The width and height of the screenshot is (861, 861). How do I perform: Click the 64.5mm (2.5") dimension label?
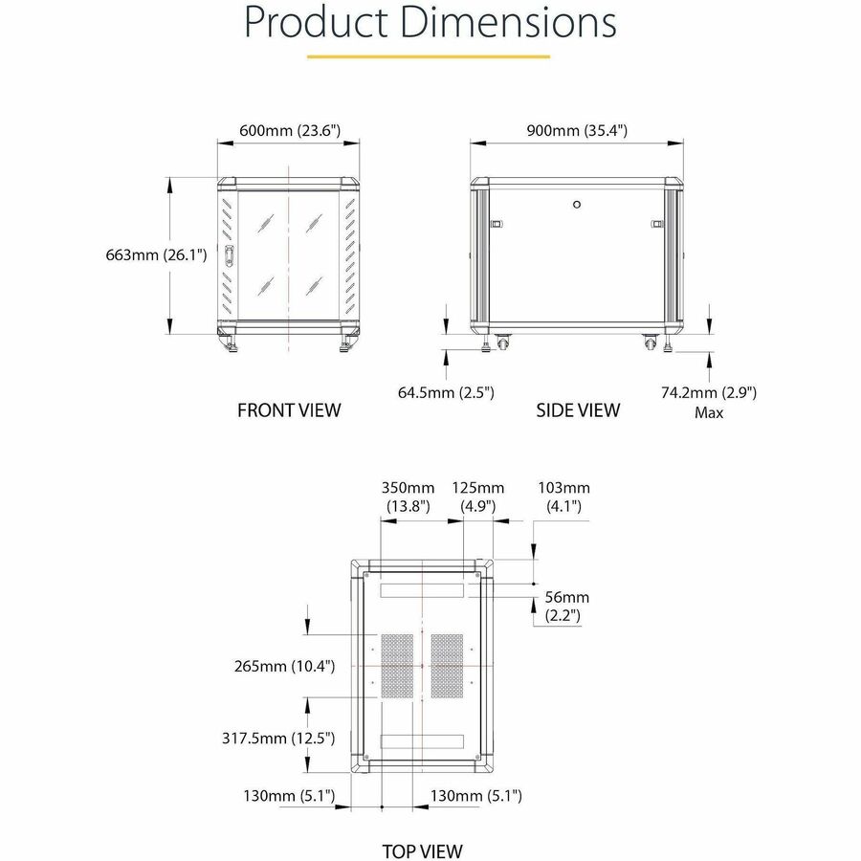[x=446, y=391]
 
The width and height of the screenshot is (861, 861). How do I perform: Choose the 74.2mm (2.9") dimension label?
[x=709, y=391]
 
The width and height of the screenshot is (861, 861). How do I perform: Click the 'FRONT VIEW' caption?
[x=289, y=410]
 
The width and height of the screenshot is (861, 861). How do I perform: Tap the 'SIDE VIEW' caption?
[x=578, y=410]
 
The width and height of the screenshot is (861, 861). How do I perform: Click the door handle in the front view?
[x=230, y=255]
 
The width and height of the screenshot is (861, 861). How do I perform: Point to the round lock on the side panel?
[x=577, y=204]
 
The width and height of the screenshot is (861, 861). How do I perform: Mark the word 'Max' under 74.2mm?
[x=709, y=413]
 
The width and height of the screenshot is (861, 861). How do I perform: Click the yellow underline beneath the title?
[x=429, y=55]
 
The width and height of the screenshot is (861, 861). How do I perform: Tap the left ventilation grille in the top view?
[x=397, y=665]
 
